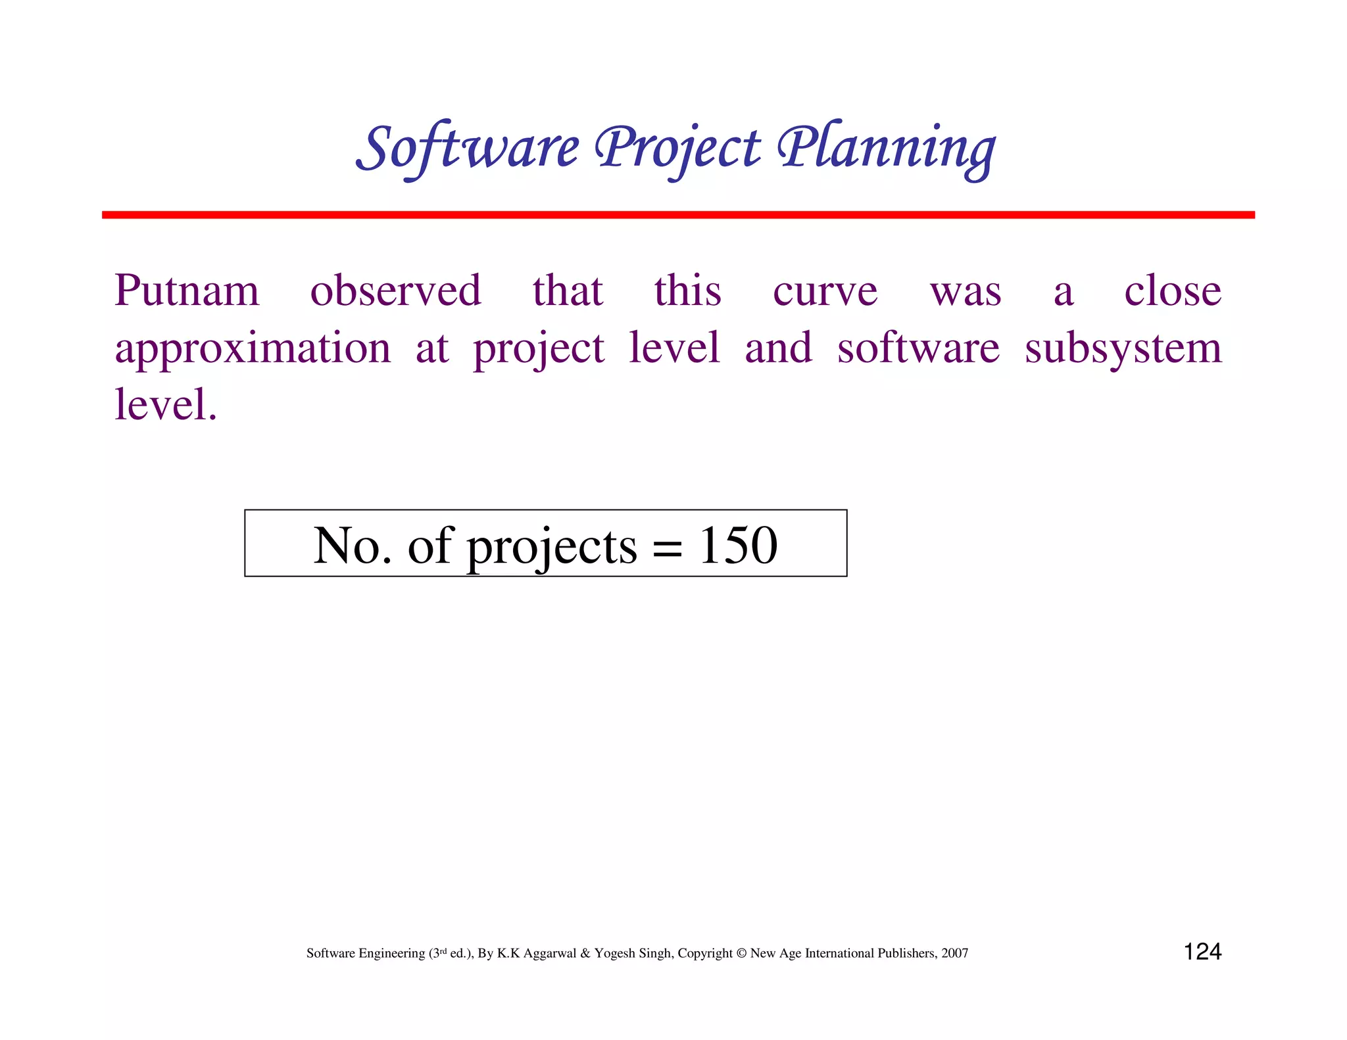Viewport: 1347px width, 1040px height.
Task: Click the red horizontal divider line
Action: pyautogui.click(x=677, y=215)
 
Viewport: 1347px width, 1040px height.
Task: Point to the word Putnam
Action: pyautogui.click(x=187, y=291)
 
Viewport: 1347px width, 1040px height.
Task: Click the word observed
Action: pyautogui.click(x=396, y=291)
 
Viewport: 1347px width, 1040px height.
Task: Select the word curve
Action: pyautogui.click(x=825, y=291)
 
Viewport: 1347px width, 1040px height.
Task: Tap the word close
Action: pyautogui.click(x=1173, y=291)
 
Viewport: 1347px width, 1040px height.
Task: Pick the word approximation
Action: pyautogui.click(x=253, y=348)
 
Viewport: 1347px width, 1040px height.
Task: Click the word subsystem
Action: pyautogui.click(x=1123, y=348)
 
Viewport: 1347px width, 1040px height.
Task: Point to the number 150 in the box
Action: pyautogui.click(x=738, y=545)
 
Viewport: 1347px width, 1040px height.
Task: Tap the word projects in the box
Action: pyautogui.click(x=552, y=547)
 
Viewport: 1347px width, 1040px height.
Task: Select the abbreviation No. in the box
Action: pyautogui.click(x=352, y=545)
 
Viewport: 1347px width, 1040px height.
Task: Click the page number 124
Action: pyautogui.click(x=1202, y=951)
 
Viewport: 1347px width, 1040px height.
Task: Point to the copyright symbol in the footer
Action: pyautogui.click(x=741, y=953)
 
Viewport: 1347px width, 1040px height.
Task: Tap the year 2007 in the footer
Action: pyautogui.click(x=954, y=953)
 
